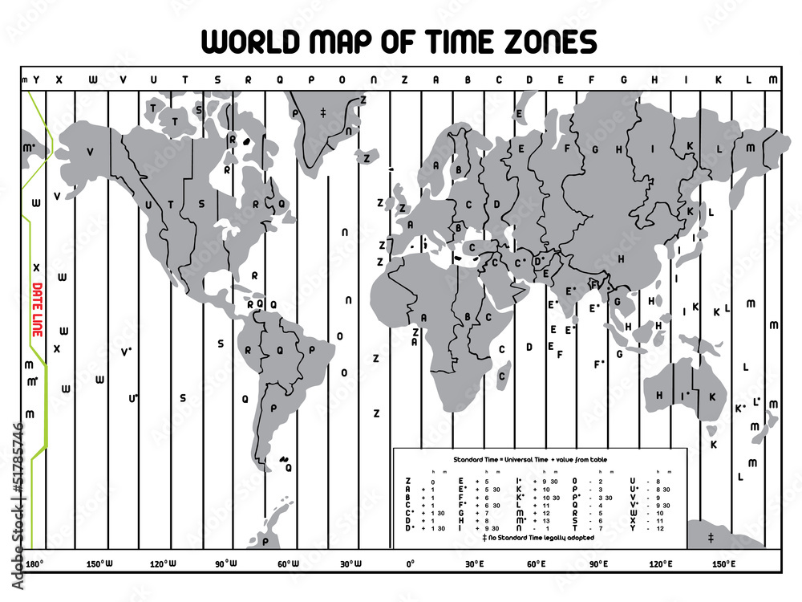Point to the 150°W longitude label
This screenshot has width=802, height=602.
99,564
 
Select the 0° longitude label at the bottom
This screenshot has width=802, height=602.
410,564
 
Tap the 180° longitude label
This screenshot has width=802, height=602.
35,564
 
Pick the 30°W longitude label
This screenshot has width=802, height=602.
350,564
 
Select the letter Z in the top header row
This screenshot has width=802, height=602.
404,79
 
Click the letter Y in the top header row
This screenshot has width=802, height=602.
35,79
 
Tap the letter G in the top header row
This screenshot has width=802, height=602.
623,79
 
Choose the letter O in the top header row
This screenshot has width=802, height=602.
342,79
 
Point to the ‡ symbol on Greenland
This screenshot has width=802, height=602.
323,111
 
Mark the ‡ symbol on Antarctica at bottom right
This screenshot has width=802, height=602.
711,537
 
